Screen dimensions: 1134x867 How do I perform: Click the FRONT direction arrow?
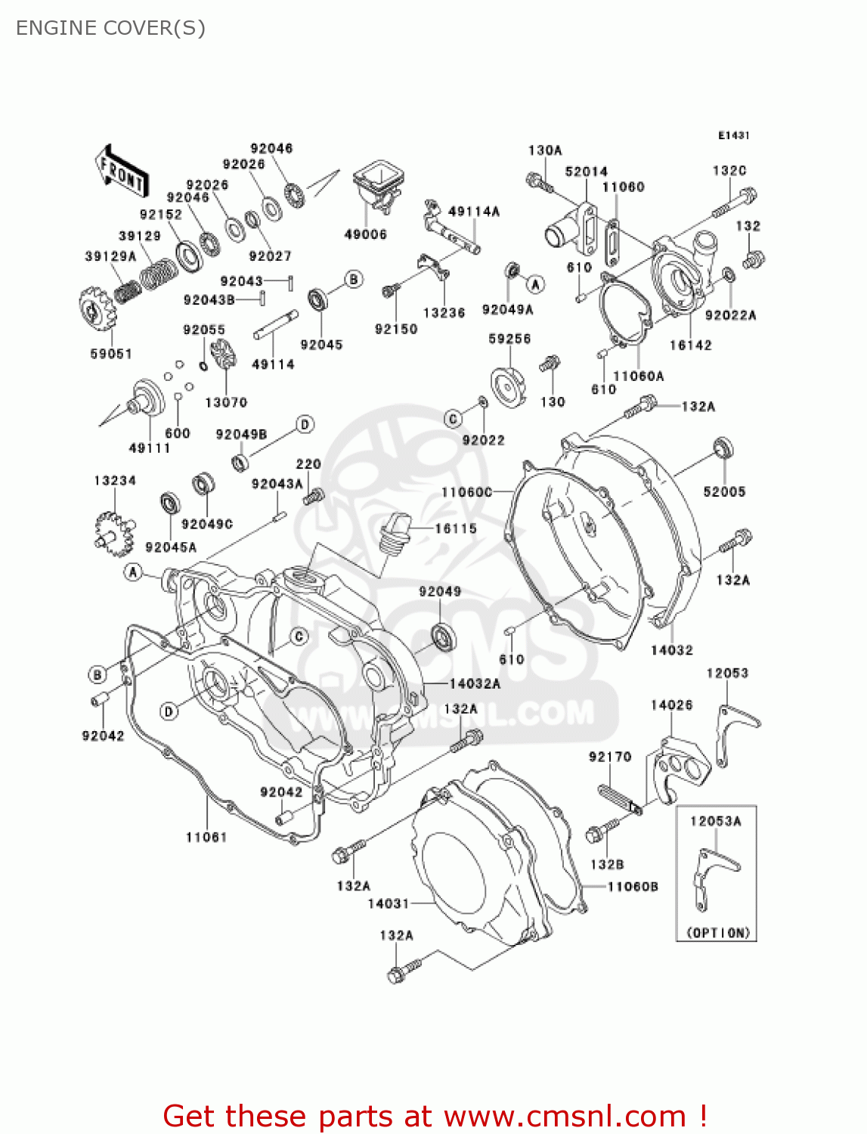point(121,172)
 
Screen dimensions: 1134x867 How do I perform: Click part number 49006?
point(365,234)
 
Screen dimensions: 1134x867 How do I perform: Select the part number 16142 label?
point(690,345)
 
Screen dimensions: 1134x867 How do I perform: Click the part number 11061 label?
point(206,837)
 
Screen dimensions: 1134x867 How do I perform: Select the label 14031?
point(389,903)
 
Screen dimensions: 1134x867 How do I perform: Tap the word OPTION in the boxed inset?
point(717,933)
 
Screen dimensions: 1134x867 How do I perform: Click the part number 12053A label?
point(715,821)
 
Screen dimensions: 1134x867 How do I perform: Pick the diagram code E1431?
point(733,135)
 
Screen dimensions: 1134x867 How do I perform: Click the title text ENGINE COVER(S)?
point(110,28)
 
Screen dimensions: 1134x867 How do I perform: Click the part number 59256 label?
point(509,339)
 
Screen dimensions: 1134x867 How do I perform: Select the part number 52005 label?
point(724,491)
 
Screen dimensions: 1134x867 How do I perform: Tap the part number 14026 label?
point(671,705)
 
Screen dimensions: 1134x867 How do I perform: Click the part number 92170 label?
point(610,756)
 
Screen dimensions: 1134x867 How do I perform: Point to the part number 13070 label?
point(226,402)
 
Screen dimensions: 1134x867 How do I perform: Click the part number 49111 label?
point(150,448)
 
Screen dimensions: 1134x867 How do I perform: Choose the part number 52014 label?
point(586,172)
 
